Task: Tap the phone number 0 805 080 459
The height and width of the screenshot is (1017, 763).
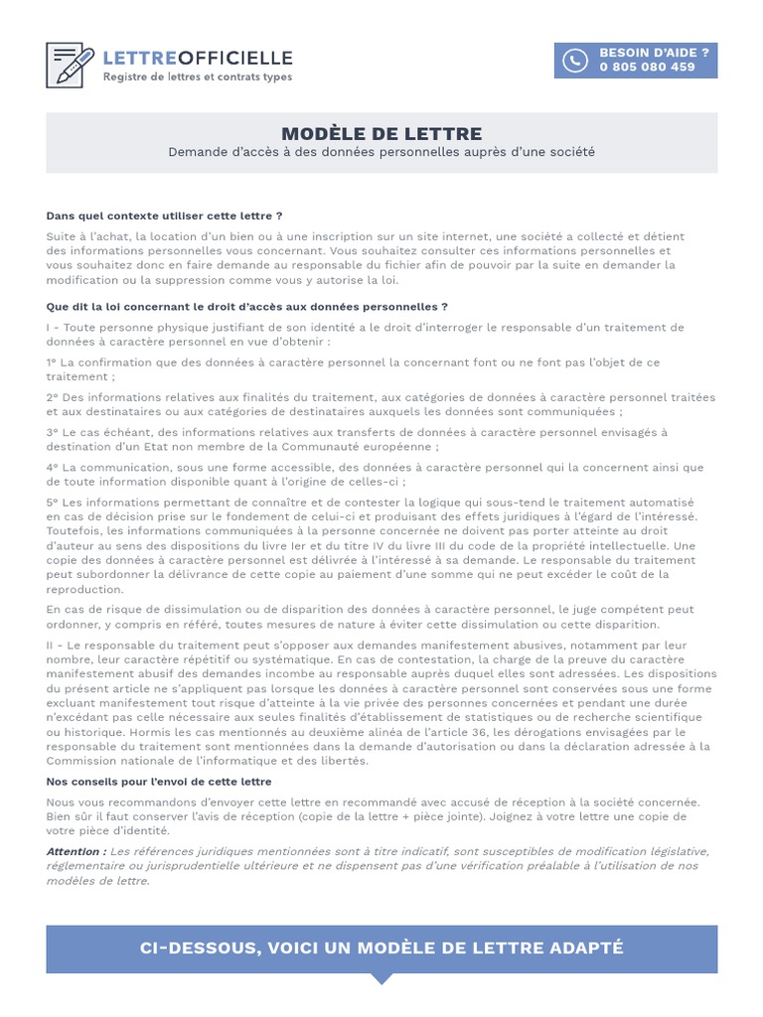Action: click(x=647, y=68)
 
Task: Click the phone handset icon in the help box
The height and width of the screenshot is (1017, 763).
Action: click(x=575, y=61)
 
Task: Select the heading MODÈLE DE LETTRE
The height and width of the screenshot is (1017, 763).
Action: click(x=381, y=134)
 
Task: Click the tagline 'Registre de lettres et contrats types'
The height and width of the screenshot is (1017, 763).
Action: click(x=198, y=77)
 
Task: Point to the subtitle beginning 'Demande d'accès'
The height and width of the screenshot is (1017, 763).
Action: click(x=381, y=152)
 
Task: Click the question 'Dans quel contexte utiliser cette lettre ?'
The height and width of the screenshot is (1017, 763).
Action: click(x=164, y=216)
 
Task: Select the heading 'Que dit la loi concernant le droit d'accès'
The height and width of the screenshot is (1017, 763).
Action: click(x=246, y=307)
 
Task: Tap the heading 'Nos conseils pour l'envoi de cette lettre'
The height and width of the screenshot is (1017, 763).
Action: click(x=159, y=782)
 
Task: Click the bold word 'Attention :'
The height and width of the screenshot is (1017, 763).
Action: click(x=76, y=851)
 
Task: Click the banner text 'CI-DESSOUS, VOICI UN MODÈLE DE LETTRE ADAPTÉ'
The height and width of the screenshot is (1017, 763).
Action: click(x=381, y=947)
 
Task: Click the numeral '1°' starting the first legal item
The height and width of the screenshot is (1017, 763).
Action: click(x=53, y=363)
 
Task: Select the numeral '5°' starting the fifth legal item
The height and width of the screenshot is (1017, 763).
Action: click(x=53, y=503)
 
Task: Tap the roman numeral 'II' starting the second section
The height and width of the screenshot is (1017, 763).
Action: click(x=51, y=646)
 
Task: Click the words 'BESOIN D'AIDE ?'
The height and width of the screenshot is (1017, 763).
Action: click(x=654, y=53)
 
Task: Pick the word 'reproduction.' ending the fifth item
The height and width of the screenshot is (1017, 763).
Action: click(x=84, y=588)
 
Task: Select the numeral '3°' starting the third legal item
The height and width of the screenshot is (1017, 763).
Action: click(x=53, y=432)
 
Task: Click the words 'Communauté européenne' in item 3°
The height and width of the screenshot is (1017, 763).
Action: click(x=359, y=447)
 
